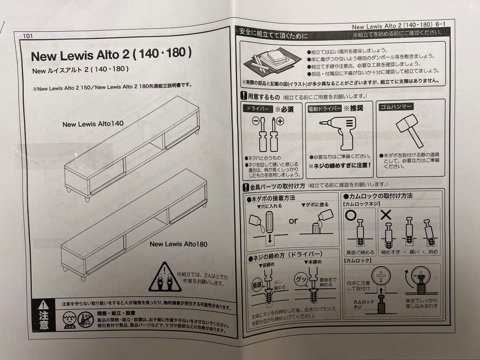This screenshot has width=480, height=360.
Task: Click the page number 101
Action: pyautogui.click(x=32, y=36)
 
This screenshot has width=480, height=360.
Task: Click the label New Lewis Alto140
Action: pyautogui.click(x=93, y=124)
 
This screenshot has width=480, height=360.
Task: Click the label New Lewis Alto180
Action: pyautogui.click(x=178, y=244)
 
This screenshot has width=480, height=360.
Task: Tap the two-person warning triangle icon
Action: pyautogui.click(x=164, y=278)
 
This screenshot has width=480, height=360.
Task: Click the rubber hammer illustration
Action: pyautogui.click(x=409, y=129)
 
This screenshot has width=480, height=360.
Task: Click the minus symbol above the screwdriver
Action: pyautogui.click(x=256, y=121)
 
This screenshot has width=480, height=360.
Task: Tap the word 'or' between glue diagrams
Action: pyautogui.click(x=293, y=220)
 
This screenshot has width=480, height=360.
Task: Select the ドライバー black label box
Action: pyautogui.click(x=257, y=109)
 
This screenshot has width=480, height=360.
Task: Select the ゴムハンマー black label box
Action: pyautogui.click(x=396, y=107)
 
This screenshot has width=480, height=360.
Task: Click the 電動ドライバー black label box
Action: pyautogui.click(x=324, y=108)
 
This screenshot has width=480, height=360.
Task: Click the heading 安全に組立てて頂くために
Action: pyautogui.click(x=273, y=34)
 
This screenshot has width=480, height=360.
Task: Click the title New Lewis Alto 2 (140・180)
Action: pyautogui.click(x=111, y=55)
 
